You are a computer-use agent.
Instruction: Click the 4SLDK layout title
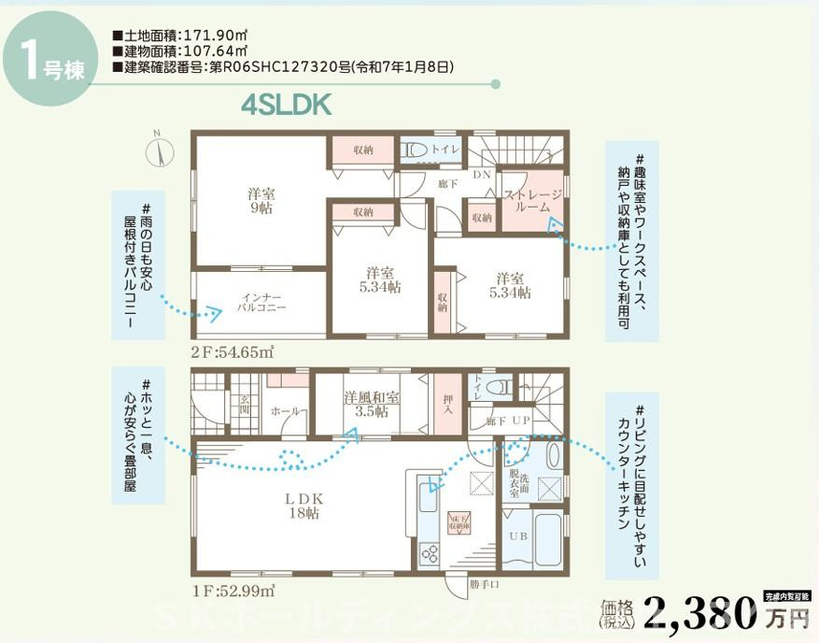pyautogui.click(x=287, y=105)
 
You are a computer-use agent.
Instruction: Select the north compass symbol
pyautogui.click(x=160, y=150)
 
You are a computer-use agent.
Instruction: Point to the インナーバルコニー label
pyautogui.click(x=261, y=301)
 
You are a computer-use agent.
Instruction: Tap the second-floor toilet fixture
pyautogui.click(x=415, y=150)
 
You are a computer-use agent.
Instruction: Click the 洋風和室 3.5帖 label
pyautogui.click(x=372, y=403)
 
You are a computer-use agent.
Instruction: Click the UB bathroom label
pyautogui.click(x=516, y=536)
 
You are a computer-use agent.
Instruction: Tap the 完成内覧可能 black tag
pyautogui.click(x=786, y=594)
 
